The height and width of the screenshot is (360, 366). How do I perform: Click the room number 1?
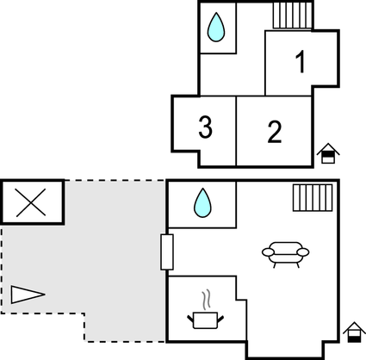pyautogui.click(x=301, y=62)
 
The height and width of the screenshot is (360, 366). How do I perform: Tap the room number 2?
pyautogui.click(x=274, y=132)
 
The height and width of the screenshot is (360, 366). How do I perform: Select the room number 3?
pyautogui.click(x=205, y=127)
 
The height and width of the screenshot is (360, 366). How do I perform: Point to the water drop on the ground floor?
pyautogui.click(x=203, y=203)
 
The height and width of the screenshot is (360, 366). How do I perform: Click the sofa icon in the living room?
pyautogui.click(x=286, y=253)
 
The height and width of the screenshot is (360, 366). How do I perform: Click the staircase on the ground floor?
pyautogui.click(x=312, y=197)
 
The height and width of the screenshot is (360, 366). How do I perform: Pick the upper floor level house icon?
pyautogui.click(x=327, y=154)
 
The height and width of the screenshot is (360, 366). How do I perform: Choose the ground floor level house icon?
pyautogui.click(x=352, y=332)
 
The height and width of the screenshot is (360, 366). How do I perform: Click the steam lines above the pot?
pyautogui.click(x=205, y=301)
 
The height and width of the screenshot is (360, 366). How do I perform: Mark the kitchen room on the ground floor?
pyautogui.click(x=202, y=314)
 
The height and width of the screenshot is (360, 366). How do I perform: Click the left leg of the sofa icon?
pyautogui.click(x=274, y=264)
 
